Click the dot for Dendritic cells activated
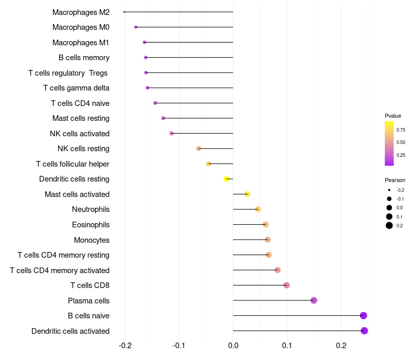click(x=364, y=331)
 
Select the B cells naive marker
click(x=364, y=316)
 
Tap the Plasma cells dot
click(x=314, y=300)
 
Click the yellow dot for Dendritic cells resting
click(x=227, y=179)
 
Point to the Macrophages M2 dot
click(x=124, y=12)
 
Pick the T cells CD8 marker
click(x=287, y=285)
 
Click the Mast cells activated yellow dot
click(x=248, y=194)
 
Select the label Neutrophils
click(x=90, y=209)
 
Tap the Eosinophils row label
click(x=90, y=225)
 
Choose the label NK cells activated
click(x=80, y=134)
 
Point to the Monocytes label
click(x=91, y=240)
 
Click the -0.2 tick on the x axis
click(x=125, y=346)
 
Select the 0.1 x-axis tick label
click(x=287, y=346)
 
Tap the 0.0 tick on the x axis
click(x=233, y=346)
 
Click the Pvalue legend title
click(x=393, y=116)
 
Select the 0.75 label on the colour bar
click(x=401, y=130)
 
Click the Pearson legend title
click(x=395, y=180)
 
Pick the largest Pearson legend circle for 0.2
click(x=389, y=226)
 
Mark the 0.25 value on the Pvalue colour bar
click(x=401, y=155)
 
